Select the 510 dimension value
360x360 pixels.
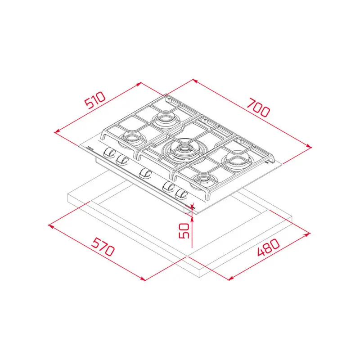95,102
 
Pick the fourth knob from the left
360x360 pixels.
169,187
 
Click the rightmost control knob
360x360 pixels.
181,193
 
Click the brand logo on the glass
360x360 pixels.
90,148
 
